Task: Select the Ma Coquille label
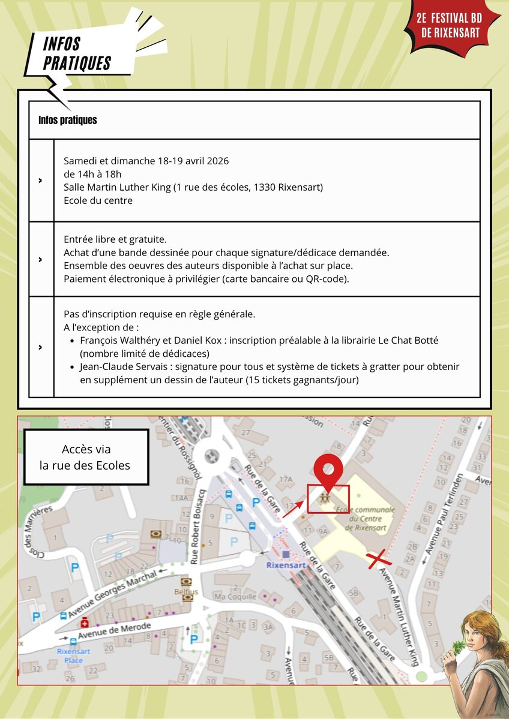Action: (x=235, y=597)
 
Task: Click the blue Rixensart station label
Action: (x=286, y=565)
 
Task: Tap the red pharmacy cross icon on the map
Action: (x=85, y=622)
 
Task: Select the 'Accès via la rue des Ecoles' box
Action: (x=86, y=457)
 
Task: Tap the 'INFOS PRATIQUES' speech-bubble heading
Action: (x=77, y=53)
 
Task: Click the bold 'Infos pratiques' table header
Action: (x=68, y=121)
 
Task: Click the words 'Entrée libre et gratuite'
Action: (x=115, y=239)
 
